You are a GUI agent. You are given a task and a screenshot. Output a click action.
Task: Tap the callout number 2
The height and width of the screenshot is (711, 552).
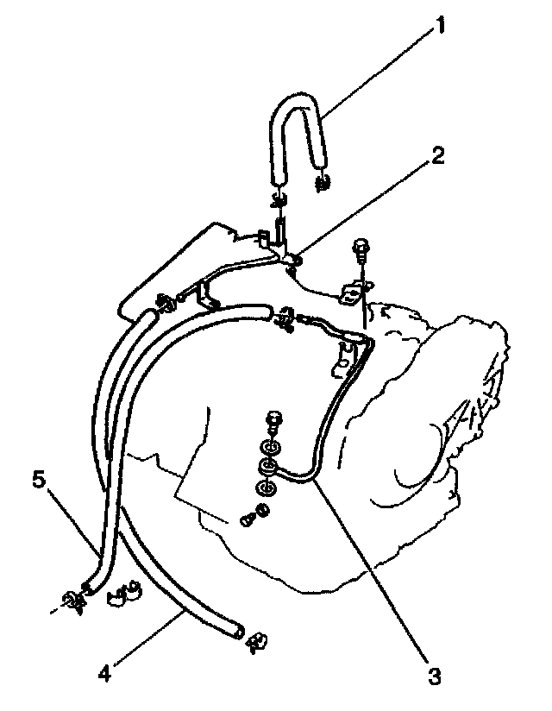coord(438,155)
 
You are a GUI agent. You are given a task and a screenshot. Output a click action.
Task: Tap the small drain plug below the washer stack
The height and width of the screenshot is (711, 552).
coord(249,520)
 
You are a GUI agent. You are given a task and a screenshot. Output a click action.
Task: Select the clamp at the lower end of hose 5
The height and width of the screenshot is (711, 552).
coord(73,601)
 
